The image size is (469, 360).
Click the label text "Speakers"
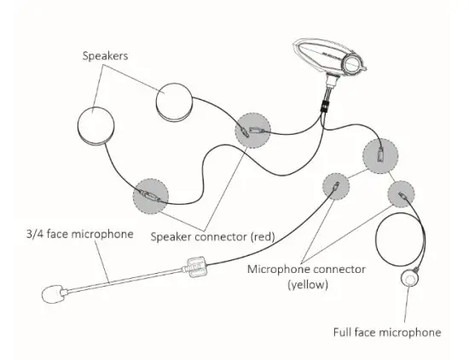point(106,56)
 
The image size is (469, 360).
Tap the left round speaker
point(96,127)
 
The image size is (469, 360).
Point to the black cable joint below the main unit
point(324,106)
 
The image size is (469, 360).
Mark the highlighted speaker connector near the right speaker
point(252,131)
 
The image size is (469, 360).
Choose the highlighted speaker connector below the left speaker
point(151,197)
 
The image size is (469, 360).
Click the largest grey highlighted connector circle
point(380,155)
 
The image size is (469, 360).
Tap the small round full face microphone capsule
point(413,278)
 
